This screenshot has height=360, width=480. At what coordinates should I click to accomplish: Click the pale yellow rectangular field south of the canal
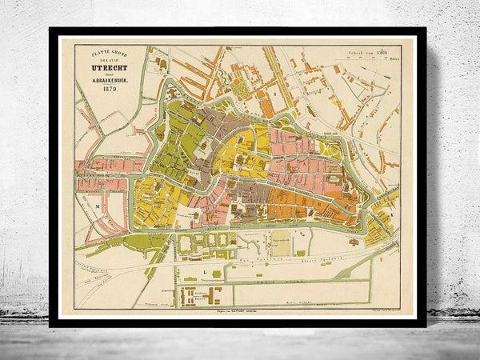click(x=281, y=243)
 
